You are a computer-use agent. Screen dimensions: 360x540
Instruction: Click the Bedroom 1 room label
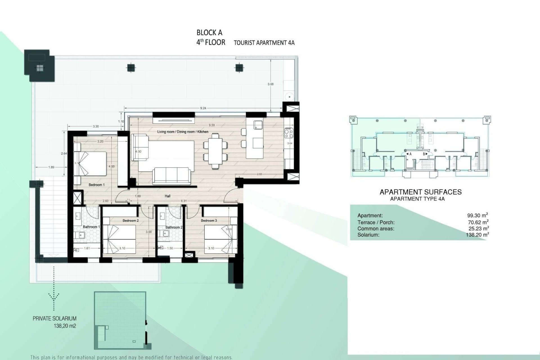click(x=96, y=185)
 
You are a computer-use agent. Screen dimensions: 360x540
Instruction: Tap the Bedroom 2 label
click(x=130, y=220)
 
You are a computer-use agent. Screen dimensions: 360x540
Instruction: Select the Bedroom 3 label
click(x=209, y=220)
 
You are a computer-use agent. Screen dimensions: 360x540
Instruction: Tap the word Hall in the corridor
click(x=168, y=196)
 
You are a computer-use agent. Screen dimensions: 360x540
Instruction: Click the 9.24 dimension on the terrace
click(x=203, y=108)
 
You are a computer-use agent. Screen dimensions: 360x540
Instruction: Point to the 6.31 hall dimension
click(x=184, y=201)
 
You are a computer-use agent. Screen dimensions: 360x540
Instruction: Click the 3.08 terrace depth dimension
click(x=271, y=84)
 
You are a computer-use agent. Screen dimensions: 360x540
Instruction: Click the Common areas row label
click(x=376, y=229)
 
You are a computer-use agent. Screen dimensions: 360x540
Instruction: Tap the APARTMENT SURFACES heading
click(x=420, y=192)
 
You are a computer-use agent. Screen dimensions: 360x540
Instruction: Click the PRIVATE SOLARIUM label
click(x=55, y=319)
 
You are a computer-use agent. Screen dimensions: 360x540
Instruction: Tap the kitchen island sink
click(x=258, y=125)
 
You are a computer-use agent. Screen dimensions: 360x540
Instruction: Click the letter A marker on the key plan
click(x=410, y=154)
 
